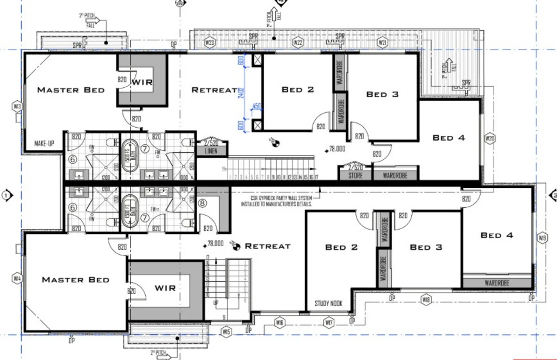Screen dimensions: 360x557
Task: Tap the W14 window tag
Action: [x=17, y=278]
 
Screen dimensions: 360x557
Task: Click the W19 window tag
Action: [x=542, y=238]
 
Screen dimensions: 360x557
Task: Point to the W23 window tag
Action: [x=210, y=43]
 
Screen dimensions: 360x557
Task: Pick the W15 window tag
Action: [x=226, y=332]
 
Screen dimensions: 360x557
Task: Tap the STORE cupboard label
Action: [x=356, y=176]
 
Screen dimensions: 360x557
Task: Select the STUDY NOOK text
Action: [x=328, y=303]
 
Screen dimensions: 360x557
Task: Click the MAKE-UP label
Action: [x=45, y=143]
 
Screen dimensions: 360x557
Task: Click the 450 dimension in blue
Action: [x=256, y=106]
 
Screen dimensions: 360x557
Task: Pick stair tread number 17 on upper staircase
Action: [x=317, y=177]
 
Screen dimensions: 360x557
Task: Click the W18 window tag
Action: [x=426, y=300]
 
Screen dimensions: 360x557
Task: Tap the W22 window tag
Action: [x=298, y=43]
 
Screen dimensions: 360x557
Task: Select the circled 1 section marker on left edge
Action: [x=6, y=195]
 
